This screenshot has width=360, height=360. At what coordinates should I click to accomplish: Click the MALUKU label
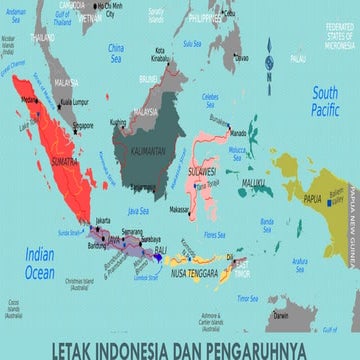(x=255, y=180)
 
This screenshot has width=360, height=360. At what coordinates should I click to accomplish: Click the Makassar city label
(x=179, y=209)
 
